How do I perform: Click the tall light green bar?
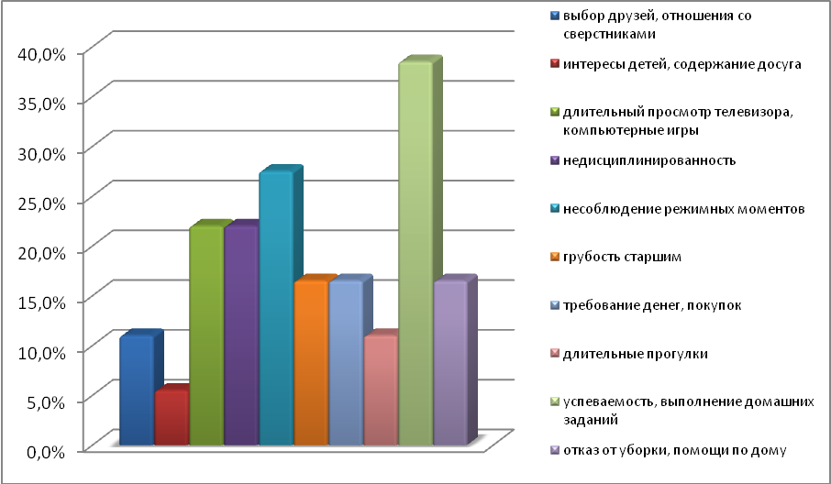tap(415, 257)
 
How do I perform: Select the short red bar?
tap(171, 419)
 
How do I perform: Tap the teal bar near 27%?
tap(275, 312)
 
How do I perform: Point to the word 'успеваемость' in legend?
tap(606, 401)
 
